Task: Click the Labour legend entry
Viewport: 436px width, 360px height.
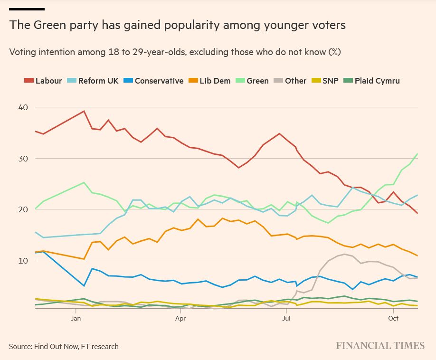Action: point(43,81)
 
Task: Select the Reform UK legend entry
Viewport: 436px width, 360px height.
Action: point(93,81)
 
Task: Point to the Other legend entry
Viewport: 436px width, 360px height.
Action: point(290,81)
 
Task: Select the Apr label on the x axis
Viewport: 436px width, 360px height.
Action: point(180,318)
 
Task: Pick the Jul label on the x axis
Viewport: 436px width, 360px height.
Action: point(286,318)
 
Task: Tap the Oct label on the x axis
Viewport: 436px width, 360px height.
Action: point(393,318)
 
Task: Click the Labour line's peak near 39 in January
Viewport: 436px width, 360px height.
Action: point(84,111)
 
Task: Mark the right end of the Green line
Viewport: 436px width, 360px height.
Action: point(417,153)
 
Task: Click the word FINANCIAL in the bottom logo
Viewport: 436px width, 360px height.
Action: point(363,346)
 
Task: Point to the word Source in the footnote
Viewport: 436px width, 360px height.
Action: point(20,346)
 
